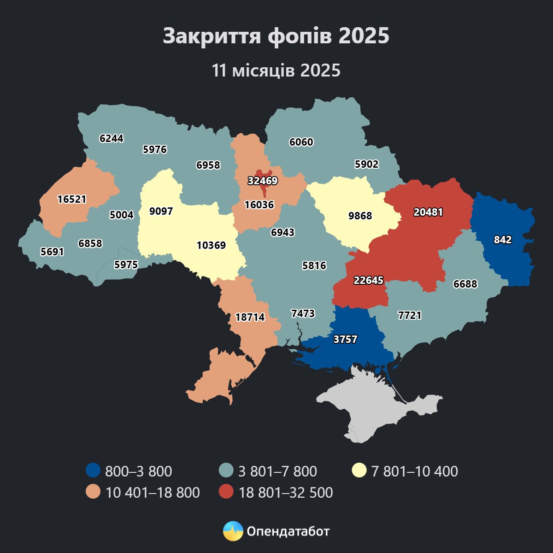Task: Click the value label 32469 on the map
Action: point(263,181)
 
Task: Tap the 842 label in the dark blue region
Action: point(503,240)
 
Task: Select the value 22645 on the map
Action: point(368,280)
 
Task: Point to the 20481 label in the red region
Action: point(428,212)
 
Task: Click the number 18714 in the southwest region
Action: point(250,317)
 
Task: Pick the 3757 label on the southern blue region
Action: point(345,339)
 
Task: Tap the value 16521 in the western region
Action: point(72,199)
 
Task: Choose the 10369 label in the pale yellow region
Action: point(211,245)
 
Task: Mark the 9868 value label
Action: point(360,216)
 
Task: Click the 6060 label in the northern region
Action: point(301,142)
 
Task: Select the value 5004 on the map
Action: point(122,215)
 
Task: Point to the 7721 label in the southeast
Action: point(409,315)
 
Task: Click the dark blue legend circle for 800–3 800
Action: point(93,471)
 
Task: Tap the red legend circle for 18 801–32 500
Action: point(226,492)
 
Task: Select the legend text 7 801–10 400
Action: point(414,471)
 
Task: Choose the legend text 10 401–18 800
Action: point(153,492)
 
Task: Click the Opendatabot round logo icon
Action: point(233,531)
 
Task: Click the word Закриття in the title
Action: point(211,36)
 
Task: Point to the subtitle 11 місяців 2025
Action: point(276,71)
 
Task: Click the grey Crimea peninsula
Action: point(378,406)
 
